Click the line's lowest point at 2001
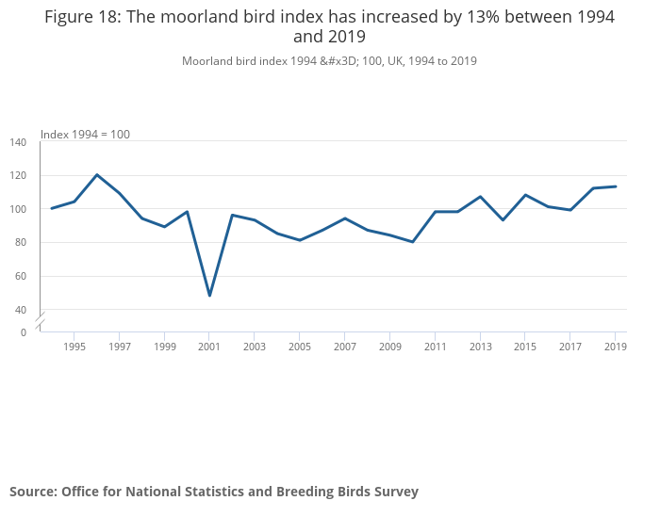tap(209, 296)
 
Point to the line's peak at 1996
tap(97, 174)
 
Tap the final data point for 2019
tap(615, 186)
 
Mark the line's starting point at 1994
tap(52, 208)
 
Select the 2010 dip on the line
tap(412, 242)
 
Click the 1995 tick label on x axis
tap(74, 347)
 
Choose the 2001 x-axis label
tap(209, 347)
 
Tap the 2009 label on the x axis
tap(389, 347)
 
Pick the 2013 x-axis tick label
tap(480, 347)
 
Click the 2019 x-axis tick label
tap(615, 347)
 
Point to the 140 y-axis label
tap(18, 142)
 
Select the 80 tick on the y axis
tap(21, 243)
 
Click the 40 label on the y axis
tap(21, 310)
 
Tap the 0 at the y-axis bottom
tap(24, 332)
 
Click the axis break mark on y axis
tap(41, 320)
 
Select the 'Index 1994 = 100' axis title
tap(85, 135)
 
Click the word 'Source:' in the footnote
tap(33, 492)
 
